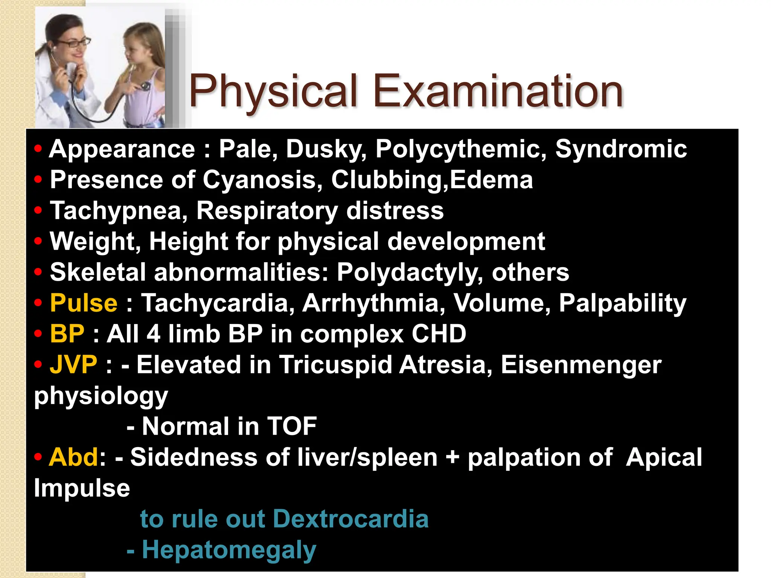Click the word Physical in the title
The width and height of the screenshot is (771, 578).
(x=273, y=91)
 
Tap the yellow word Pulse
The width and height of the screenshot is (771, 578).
(x=84, y=303)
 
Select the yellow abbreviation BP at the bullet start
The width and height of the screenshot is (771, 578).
(x=67, y=334)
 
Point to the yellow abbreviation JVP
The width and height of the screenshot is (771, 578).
(x=73, y=365)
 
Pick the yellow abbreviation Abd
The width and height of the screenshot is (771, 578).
(x=74, y=457)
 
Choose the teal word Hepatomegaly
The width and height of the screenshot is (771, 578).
(x=229, y=550)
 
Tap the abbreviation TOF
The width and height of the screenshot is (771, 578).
(x=292, y=426)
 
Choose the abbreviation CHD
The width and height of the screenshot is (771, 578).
(x=439, y=334)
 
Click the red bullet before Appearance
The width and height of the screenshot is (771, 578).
(x=38, y=149)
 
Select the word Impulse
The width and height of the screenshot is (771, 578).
(x=82, y=488)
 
